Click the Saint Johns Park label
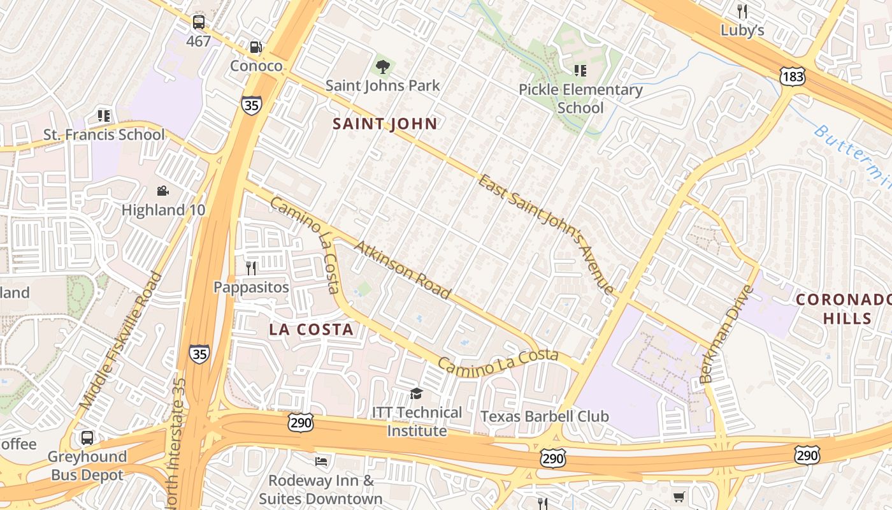pyautogui.click(x=382, y=85)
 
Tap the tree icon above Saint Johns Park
pyautogui.click(x=383, y=66)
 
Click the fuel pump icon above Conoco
pyautogui.click(x=255, y=47)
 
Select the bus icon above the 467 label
pyautogui.click(x=199, y=22)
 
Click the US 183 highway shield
pyautogui.click(x=792, y=76)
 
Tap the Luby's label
pyautogui.click(x=742, y=30)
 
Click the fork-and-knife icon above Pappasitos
pyautogui.click(x=251, y=268)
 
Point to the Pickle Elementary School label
pyautogui.click(x=580, y=98)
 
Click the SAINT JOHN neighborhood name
pyautogui.click(x=385, y=124)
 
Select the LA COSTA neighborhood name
pyautogui.click(x=311, y=329)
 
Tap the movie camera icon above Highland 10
pyautogui.click(x=163, y=191)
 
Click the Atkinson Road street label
pyautogui.click(x=403, y=270)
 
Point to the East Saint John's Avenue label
pyautogui.click(x=546, y=233)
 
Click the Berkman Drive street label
pyautogui.click(x=726, y=335)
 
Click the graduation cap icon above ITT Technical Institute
pyautogui.click(x=417, y=393)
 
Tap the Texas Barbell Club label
pyautogui.click(x=544, y=416)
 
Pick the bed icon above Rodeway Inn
pyautogui.click(x=321, y=461)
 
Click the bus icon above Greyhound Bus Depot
pyautogui.click(x=87, y=438)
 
